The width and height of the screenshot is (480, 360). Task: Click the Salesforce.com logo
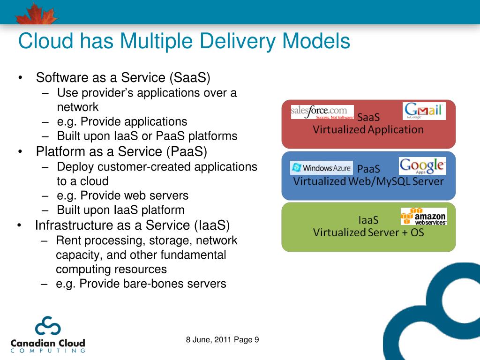tap(322, 112)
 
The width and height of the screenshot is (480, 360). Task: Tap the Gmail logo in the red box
tap(424, 111)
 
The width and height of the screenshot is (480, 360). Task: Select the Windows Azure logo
tap(321, 168)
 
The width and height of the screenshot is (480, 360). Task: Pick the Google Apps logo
tap(422, 166)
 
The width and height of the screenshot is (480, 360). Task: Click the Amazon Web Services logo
tap(423, 216)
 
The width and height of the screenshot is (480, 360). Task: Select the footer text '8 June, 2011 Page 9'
tap(223, 340)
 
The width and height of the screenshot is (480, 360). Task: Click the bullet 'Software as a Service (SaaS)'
tap(123, 77)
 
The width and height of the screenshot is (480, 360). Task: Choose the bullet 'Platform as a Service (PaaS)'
tap(121, 151)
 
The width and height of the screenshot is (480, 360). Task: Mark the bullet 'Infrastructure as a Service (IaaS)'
tap(132, 225)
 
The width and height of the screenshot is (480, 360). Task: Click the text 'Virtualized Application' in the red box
tap(368, 129)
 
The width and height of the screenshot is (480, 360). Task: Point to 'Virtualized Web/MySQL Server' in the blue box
tap(368, 181)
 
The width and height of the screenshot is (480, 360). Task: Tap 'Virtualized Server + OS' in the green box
tap(368, 232)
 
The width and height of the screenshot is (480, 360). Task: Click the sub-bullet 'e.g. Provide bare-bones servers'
tap(141, 284)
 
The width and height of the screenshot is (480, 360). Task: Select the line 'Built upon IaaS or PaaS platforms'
tap(147, 136)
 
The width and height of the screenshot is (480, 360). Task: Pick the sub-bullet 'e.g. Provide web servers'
tap(123, 195)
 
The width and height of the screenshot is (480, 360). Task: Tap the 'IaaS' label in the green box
tap(368, 219)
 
